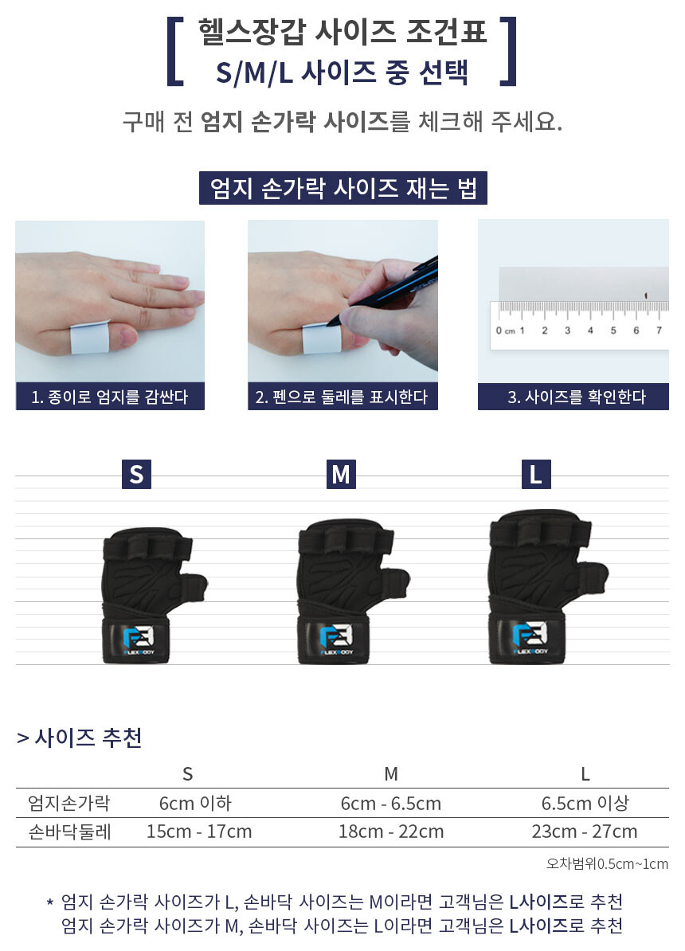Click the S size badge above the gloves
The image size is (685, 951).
136,474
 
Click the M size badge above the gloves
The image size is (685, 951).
341,474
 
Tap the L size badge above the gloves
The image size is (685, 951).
536,474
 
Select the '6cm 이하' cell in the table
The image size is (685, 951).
195,803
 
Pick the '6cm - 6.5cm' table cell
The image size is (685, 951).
391,803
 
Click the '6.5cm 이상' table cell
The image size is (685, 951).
585,803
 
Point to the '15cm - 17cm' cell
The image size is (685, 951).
199,831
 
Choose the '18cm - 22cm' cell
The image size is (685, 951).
391,831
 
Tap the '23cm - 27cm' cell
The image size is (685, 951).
585,831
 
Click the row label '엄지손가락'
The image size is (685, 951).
69,803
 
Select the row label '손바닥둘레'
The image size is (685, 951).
70,832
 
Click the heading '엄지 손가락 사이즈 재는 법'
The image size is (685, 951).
343,188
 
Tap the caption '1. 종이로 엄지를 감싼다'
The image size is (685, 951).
110,397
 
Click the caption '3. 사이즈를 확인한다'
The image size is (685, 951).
577,397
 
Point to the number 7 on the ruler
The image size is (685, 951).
659,331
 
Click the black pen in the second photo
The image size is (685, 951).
382,290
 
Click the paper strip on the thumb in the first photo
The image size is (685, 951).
89,338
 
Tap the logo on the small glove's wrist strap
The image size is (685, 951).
139,640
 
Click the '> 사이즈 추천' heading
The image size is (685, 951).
80,738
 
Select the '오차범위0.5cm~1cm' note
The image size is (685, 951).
607,863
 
